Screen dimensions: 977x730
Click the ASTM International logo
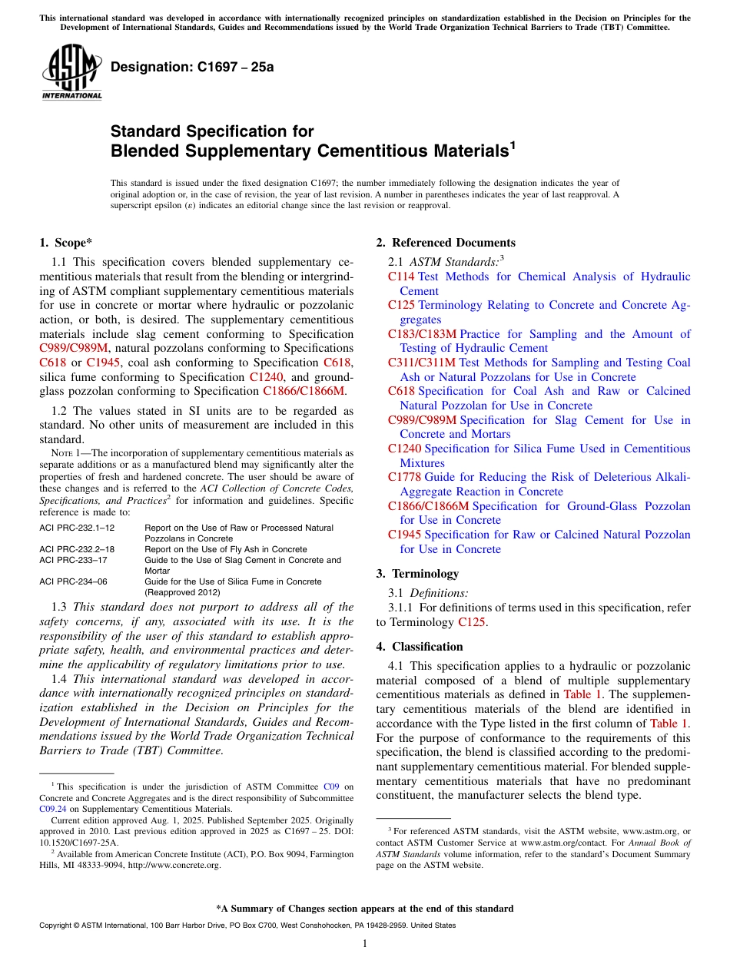(71, 72)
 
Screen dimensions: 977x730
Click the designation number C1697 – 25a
(192, 67)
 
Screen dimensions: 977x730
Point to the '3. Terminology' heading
(417, 574)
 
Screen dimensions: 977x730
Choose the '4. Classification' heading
(420, 647)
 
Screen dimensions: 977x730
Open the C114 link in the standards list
(401, 277)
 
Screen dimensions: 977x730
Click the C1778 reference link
(404, 478)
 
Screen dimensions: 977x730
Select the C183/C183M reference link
(422, 334)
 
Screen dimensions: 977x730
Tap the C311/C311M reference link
(422, 363)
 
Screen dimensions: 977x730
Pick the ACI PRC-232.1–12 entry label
(77, 528)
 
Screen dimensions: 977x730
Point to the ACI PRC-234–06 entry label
(73, 581)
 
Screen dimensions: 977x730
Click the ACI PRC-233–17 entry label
(73, 560)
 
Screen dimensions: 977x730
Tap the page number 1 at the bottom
(365, 943)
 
